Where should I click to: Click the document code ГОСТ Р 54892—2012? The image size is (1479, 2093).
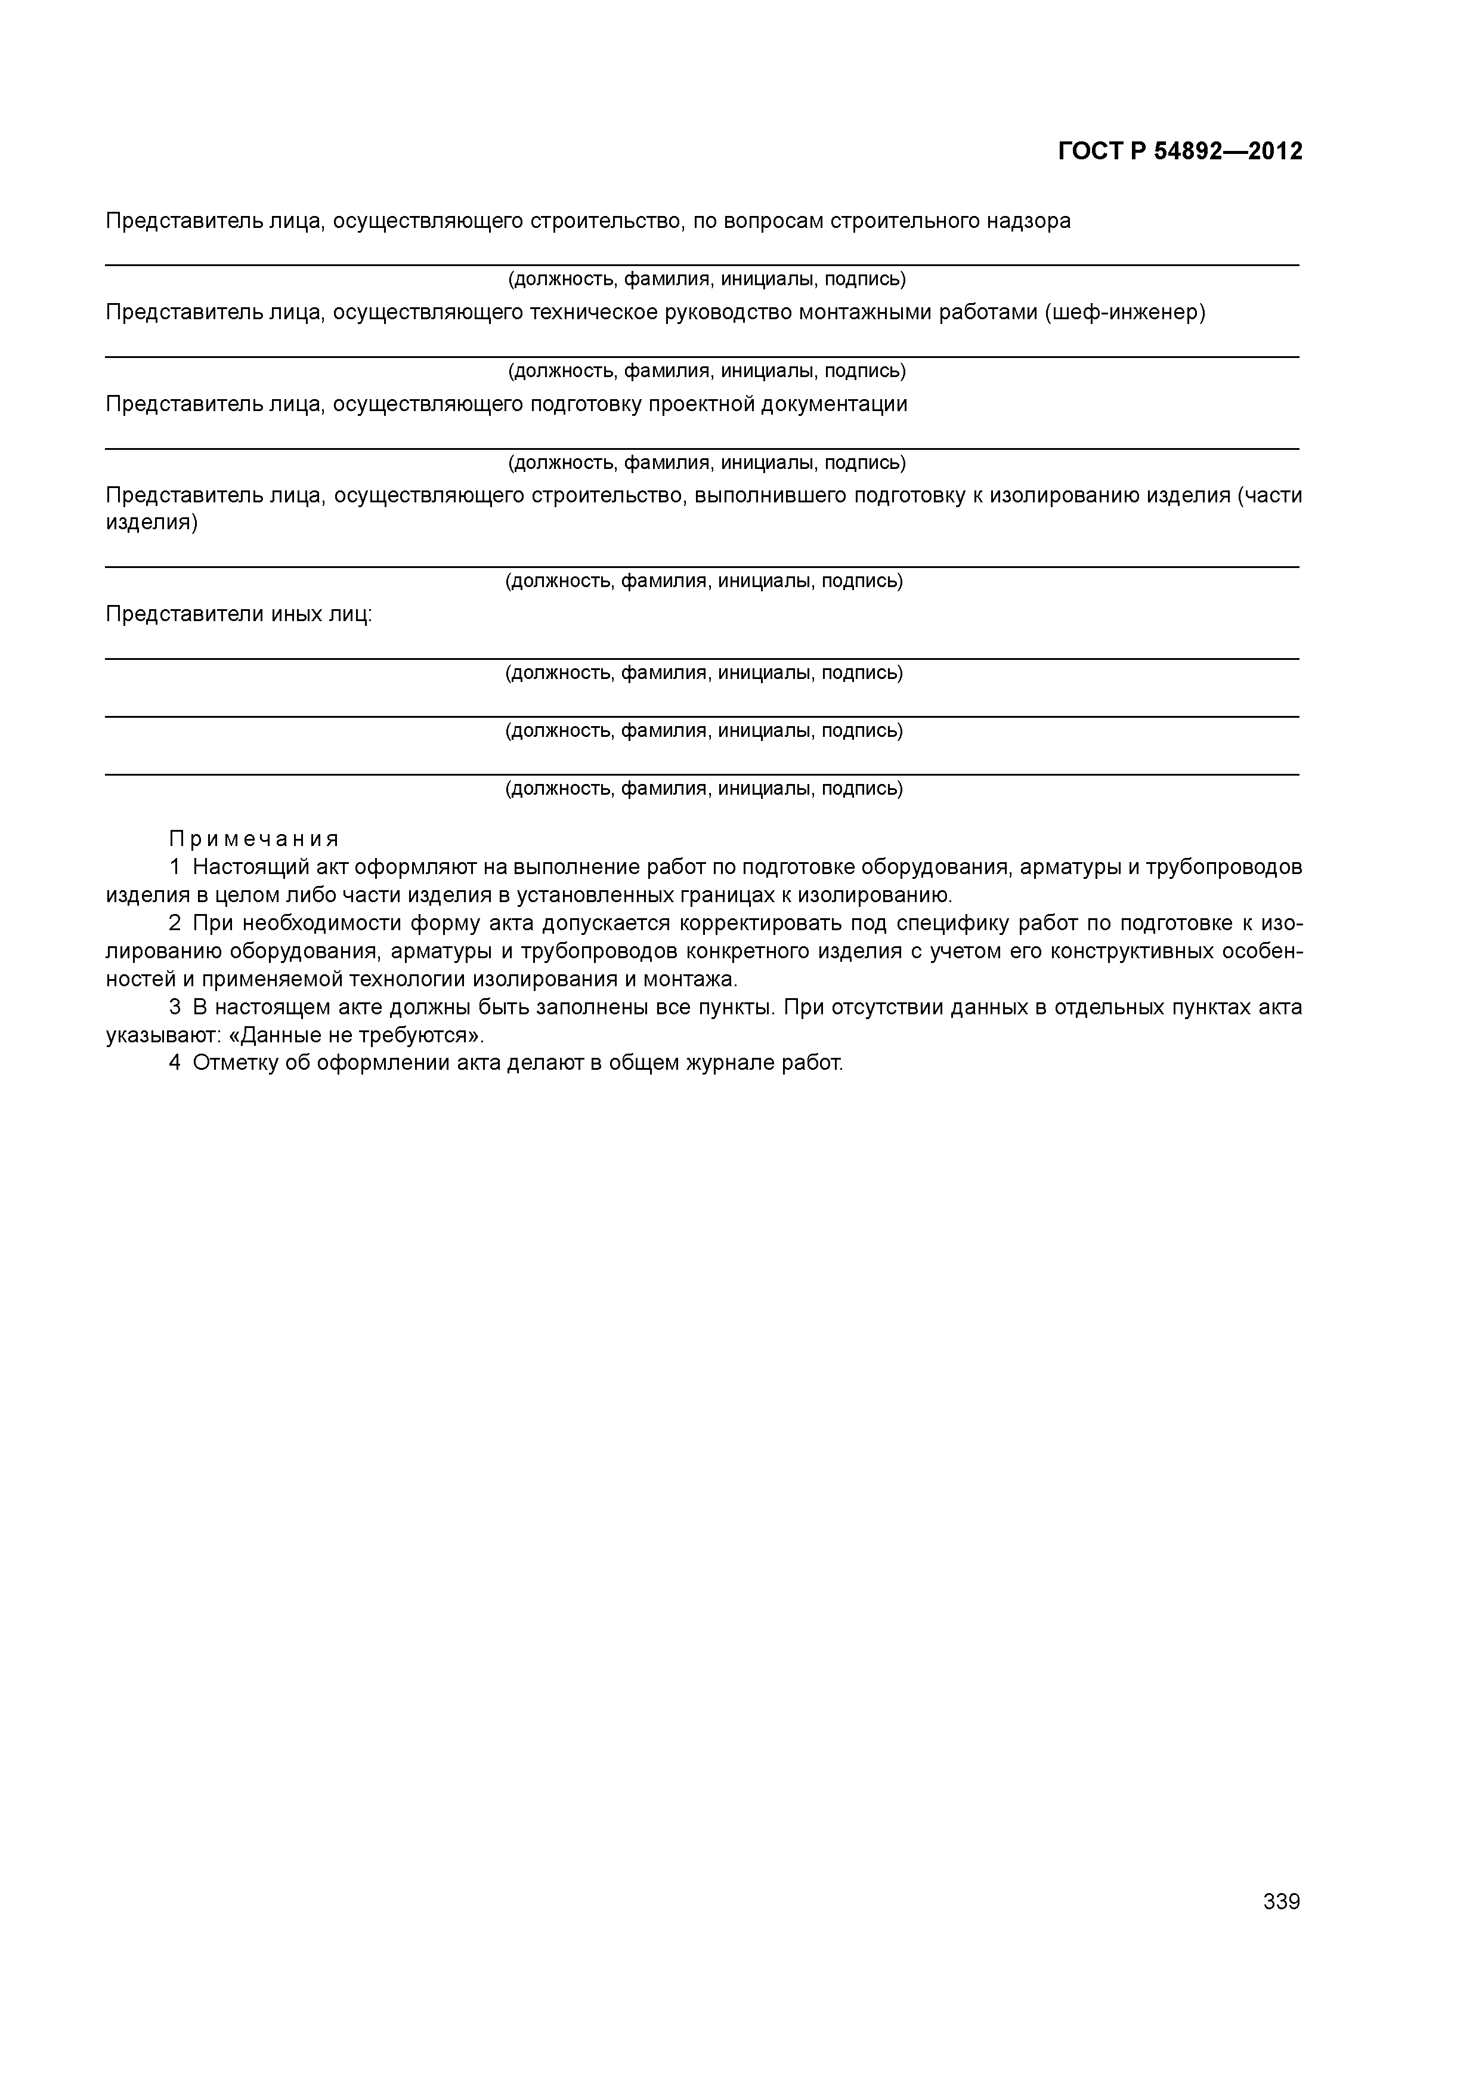tap(1180, 152)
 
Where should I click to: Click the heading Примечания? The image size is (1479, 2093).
tap(254, 839)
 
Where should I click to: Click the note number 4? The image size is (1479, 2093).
tap(174, 1064)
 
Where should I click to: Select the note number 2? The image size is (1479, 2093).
tap(174, 924)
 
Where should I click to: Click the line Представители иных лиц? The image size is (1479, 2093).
tap(239, 615)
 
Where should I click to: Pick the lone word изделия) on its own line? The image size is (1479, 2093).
tap(151, 523)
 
